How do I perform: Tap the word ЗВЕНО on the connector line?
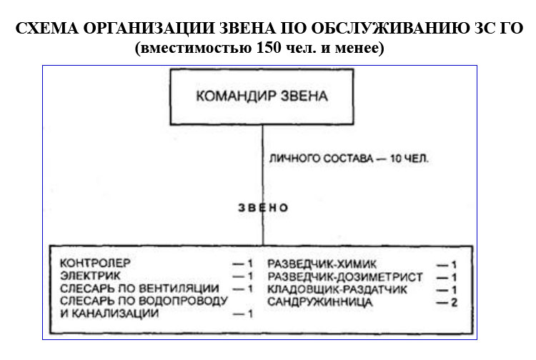263,208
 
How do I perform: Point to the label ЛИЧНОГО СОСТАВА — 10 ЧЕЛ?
349,159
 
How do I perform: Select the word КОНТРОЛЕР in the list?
95,264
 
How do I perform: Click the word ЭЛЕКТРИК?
90,276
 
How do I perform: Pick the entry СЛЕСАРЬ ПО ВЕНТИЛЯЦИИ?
139,289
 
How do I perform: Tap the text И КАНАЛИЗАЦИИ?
109,313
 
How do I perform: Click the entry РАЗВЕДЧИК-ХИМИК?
322,264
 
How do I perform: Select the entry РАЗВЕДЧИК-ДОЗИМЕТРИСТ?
345,277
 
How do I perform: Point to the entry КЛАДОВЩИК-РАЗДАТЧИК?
337,289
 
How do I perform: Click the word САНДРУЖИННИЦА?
319,302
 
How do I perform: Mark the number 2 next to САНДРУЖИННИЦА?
454,303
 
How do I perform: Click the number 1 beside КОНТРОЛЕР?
249,264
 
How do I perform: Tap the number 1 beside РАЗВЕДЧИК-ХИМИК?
454,265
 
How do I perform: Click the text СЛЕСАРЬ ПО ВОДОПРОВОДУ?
144,301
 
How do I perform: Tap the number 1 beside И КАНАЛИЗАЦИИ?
249,314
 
